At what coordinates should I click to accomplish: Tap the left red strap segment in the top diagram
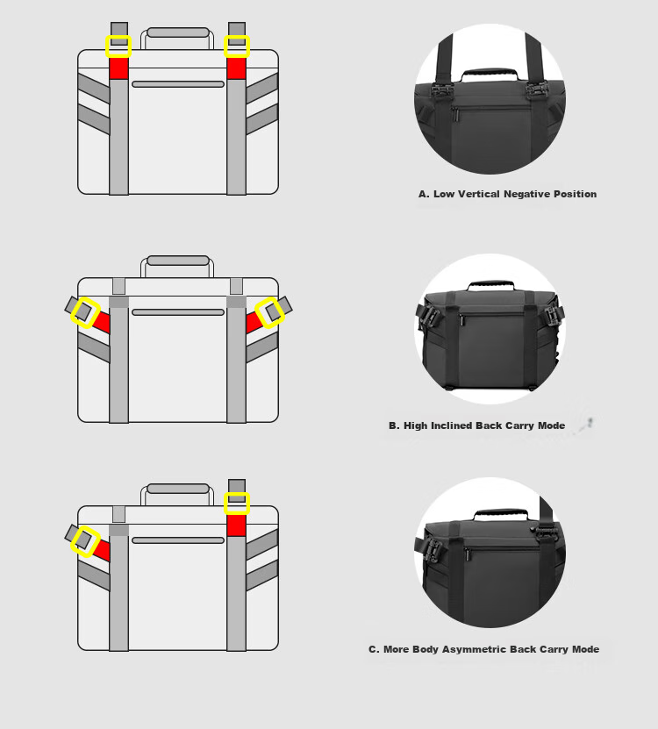click(x=119, y=68)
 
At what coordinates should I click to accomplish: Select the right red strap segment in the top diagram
click(x=237, y=68)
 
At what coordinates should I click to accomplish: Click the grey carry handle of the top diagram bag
click(x=178, y=32)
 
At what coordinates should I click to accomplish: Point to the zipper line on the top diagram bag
click(x=178, y=84)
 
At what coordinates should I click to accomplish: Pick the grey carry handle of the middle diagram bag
click(x=178, y=261)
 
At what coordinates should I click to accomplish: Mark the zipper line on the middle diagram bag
click(x=178, y=312)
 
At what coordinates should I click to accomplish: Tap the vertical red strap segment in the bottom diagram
click(x=237, y=525)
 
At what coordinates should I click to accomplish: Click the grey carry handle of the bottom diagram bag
click(x=178, y=489)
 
